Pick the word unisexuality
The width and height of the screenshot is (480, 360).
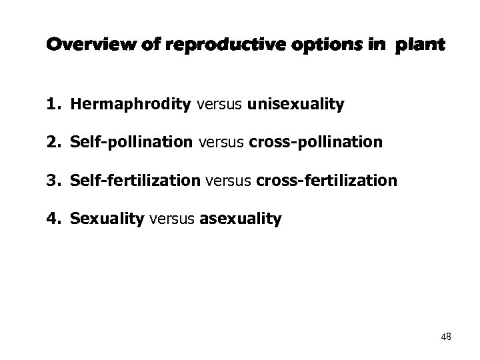[295, 105]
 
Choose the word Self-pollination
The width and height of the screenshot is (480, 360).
[131, 143]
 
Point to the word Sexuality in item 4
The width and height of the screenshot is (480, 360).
[107, 218]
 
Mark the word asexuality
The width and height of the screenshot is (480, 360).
[240, 218]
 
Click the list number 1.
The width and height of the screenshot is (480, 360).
[51, 105]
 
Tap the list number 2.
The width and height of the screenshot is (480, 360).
[51, 143]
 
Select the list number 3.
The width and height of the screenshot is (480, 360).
[51, 180]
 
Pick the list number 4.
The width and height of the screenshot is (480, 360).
[51, 218]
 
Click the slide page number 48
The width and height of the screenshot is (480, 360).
[445, 337]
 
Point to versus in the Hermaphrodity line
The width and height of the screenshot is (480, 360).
[219, 105]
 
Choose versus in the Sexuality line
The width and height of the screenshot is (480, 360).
[172, 218]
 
